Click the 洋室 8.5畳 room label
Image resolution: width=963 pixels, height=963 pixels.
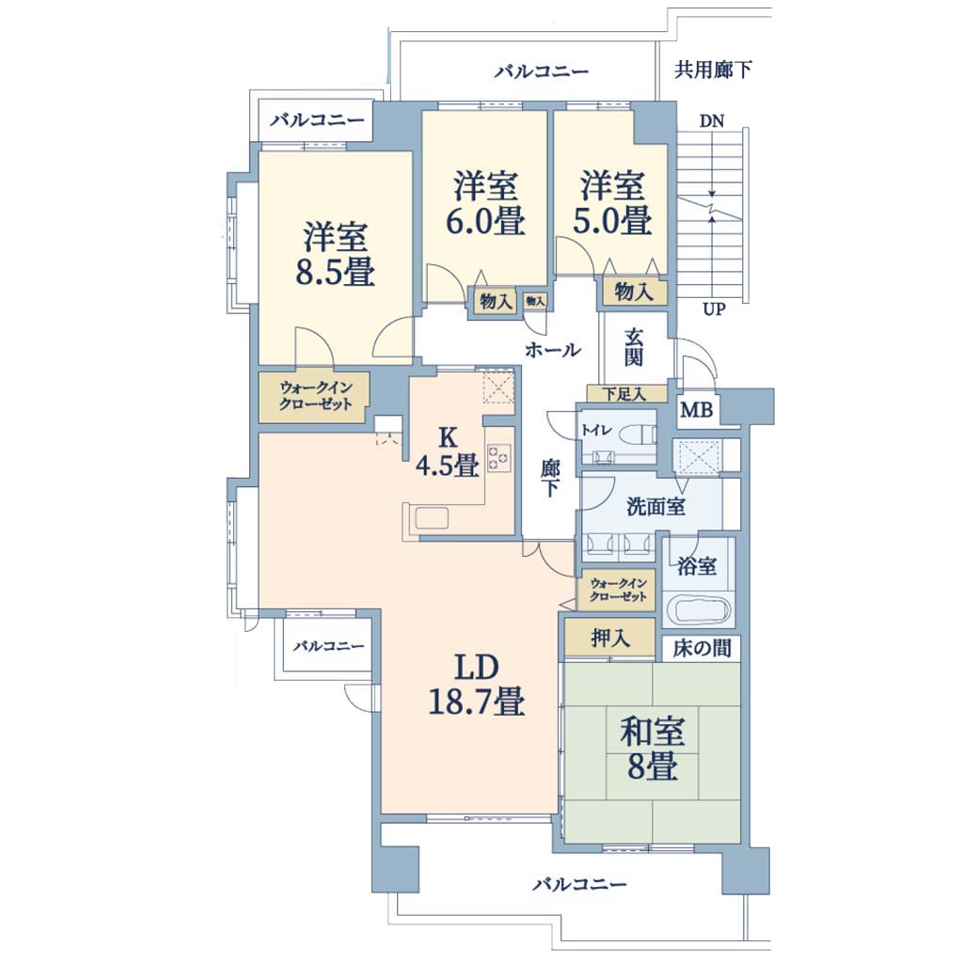pyautogui.click(x=336, y=255)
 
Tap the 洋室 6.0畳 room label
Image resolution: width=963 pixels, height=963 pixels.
pyautogui.click(x=485, y=204)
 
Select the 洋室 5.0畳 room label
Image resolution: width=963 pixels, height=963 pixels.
pyautogui.click(x=612, y=204)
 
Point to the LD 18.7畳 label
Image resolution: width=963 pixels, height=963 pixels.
pyautogui.click(x=476, y=685)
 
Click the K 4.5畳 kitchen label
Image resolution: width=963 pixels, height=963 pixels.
pyautogui.click(x=447, y=452)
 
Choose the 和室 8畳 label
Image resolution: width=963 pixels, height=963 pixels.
pyautogui.click(x=653, y=748)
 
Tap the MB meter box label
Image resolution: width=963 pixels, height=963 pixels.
pyautogui.click(x=697, y=409)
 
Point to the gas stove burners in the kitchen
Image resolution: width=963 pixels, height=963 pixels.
pyautogui.click(x=498, y=458)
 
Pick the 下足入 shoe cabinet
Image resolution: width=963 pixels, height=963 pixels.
pyautogui.click(x=625, y=394)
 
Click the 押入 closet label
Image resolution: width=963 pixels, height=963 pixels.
pyautogui.click(x=609, y=638)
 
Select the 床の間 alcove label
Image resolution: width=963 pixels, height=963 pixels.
pyautogui.click(x=702, y=648)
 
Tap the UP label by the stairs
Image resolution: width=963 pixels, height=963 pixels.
pyautogui.click(x=714, y=308)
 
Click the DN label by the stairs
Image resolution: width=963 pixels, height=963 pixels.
pyautogui.click(x=712, y=121)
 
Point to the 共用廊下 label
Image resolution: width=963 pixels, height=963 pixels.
pyautogui.click(x=713, y=70)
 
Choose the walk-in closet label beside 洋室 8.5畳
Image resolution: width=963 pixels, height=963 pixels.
pyautogui.click(x=316, y=396)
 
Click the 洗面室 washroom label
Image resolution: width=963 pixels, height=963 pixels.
pyautogui.click(x=655, y=507)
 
